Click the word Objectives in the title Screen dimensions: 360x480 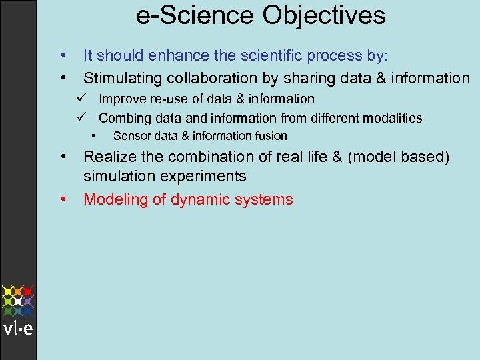324,16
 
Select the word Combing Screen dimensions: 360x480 125,119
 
